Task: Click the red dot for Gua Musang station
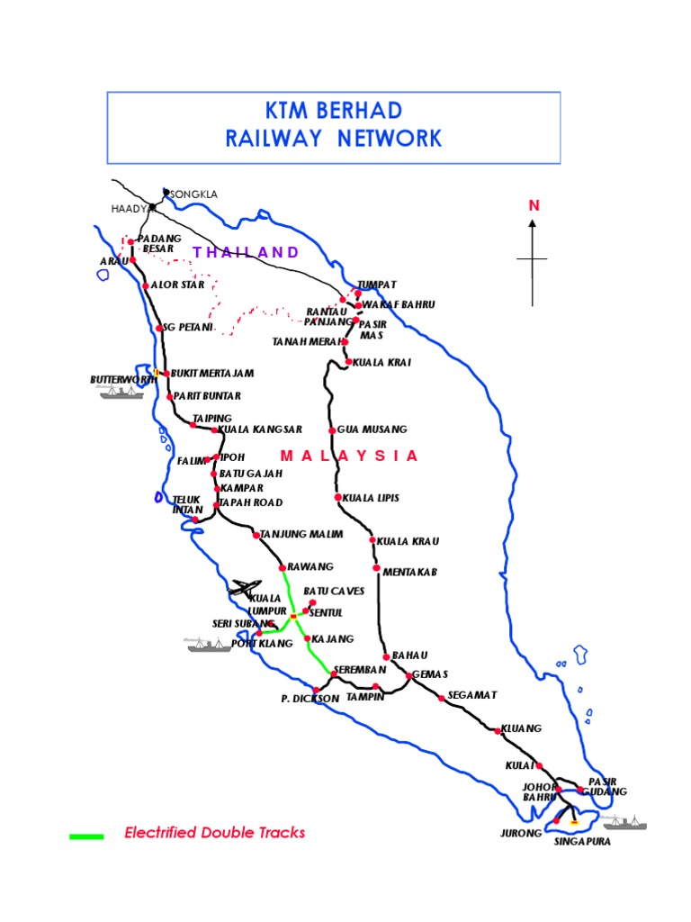pos(332,430)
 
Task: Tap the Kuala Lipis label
pos(371,498)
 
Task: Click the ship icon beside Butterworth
pos(121,393)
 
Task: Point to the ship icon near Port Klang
pos(204,645)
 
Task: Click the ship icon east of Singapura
pos(624,822)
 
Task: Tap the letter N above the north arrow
pos(534,206)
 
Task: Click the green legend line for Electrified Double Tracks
pos(86,836)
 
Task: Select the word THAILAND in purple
pos(245,252)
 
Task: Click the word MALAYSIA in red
pos(349,456)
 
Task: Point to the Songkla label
pos(193,194)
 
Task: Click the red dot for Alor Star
pos(145,286)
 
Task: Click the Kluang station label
pos(522,728)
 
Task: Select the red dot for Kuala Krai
pos(349,362)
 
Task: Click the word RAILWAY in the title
pos(275,139)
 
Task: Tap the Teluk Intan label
pos(185,504)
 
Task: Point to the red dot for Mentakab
pos(376,569)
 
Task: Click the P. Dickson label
pos(310,699)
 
